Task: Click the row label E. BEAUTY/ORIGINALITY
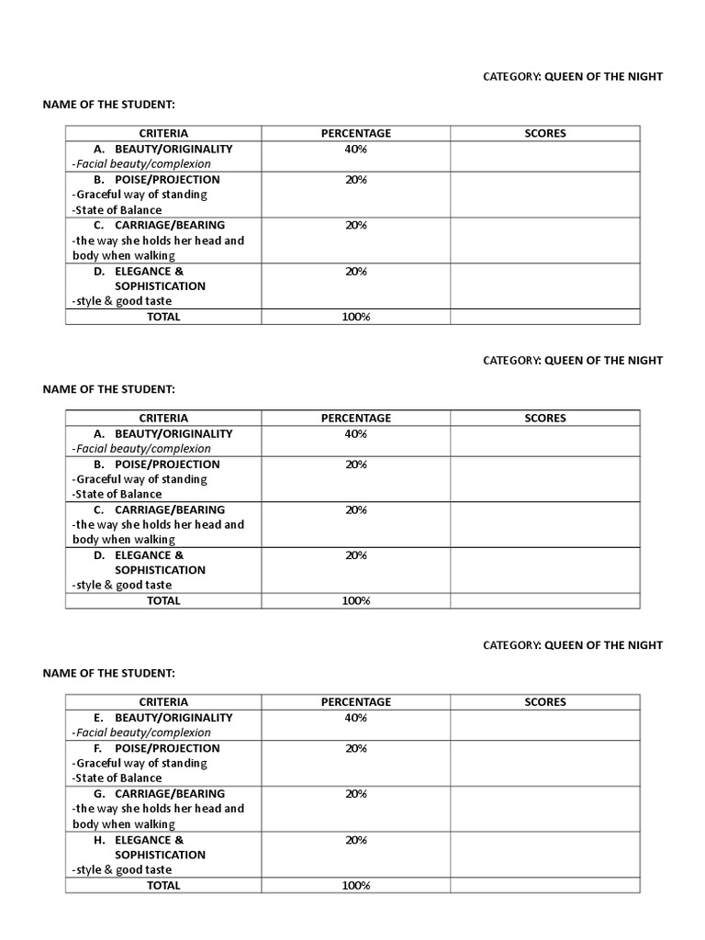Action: click(162, 718)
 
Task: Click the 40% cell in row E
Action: click(355, 718)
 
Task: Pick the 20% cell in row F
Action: click(355, 748)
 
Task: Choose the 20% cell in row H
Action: click(355, 840)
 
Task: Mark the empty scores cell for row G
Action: click(544, 809)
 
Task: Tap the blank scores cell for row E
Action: click(544, 725)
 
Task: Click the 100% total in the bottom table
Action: click(355, 886)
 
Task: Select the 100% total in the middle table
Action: click(355, 601)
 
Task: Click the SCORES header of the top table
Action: click(545, 133)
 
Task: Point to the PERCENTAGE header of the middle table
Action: click(355, 418)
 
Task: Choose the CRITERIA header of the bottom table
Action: click(163, 702)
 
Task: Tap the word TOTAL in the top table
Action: click(163, 317)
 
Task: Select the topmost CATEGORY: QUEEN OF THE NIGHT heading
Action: click(573, 77)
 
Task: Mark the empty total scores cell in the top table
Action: click(544, 317)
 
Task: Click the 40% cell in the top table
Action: click(355, 149)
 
